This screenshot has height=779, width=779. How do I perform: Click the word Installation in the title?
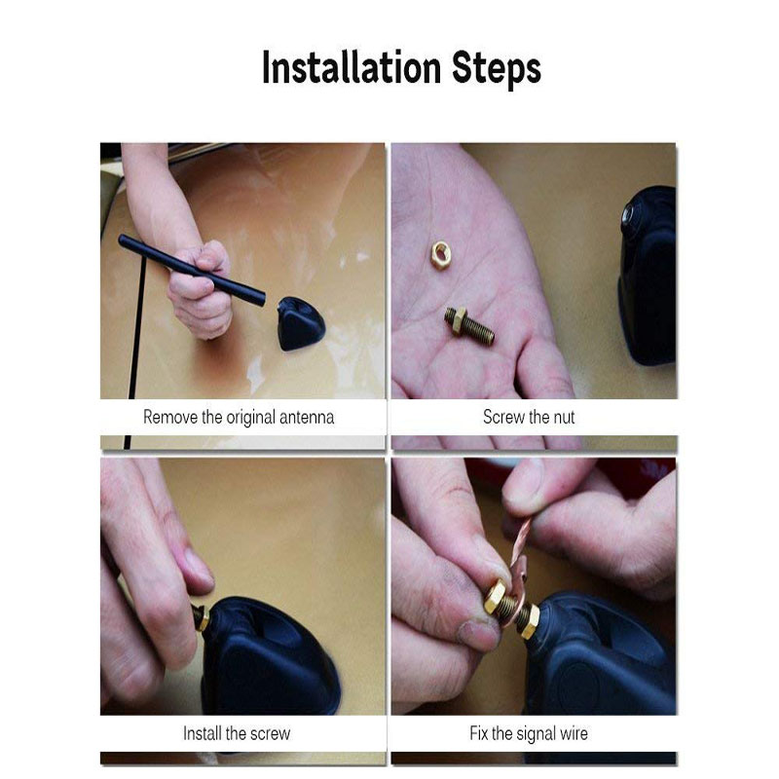tap(352, 67)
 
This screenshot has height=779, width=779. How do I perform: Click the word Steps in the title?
tap(497, 69)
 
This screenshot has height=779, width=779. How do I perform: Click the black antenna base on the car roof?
tap(301, 323)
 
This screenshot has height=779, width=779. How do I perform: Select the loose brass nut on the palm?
tap(440, 254)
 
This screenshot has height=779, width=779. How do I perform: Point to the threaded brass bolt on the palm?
tap(469, 326)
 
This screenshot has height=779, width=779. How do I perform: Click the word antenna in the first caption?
tap(307, 418)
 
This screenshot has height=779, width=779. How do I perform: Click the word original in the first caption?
tap(250, 419)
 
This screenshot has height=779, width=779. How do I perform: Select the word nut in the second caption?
tap(564, 418)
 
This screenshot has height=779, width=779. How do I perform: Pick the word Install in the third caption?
tap(202, 733)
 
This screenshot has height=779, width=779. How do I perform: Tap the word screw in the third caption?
tap(271, 734)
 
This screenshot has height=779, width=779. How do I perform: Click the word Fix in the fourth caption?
tap(479, 733)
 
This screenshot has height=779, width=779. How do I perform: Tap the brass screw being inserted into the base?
tap(202, 617)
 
